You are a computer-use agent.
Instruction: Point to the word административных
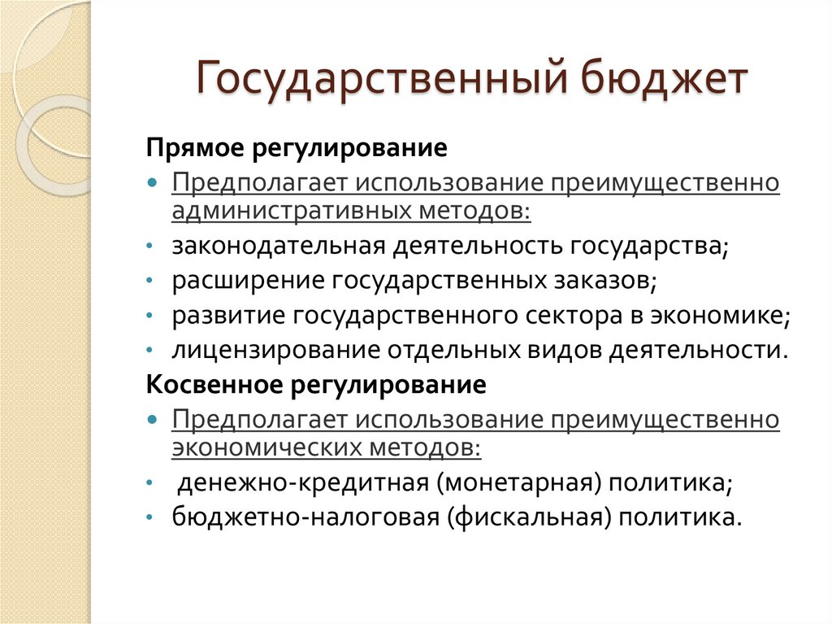coord(293,211)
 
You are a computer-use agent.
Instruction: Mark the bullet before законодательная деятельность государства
coord(153,247)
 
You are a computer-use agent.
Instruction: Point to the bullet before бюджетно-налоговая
coord(153,518)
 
